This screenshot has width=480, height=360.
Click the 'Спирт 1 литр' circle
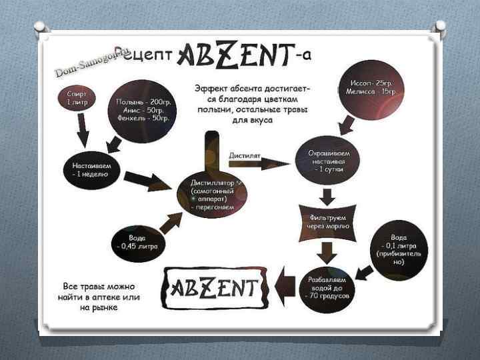click(x=76, y=98)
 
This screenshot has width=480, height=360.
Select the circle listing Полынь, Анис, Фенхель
click(x=142, y=109)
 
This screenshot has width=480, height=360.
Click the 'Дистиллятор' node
click(x=212, y=193)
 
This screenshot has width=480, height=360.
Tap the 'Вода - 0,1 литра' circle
click(x=399, y=249)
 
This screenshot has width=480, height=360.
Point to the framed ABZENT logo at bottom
click(x=216, y=288)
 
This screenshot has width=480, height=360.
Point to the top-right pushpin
click(x=439, y=28)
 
